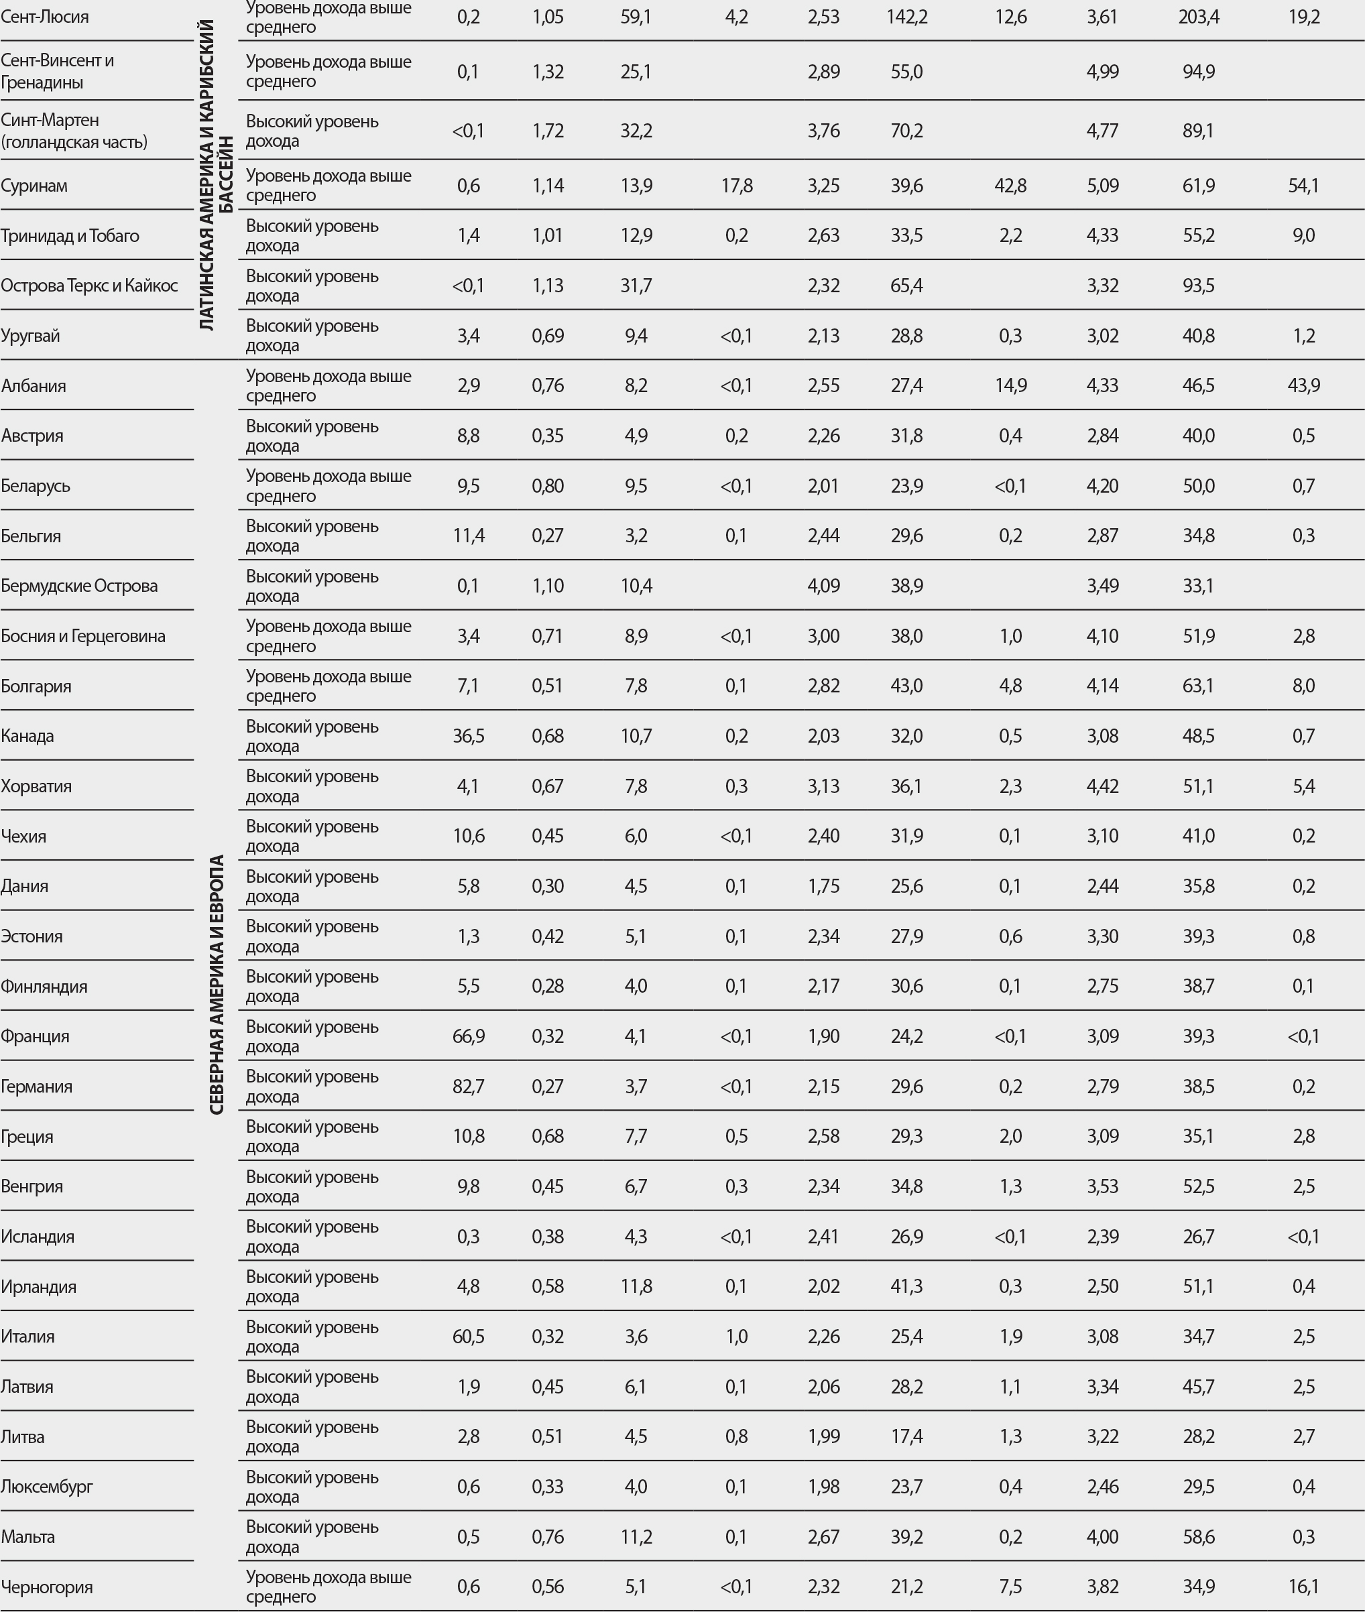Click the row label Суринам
point(34,186)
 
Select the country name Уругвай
point(30,336)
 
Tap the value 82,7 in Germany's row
point(468,1086)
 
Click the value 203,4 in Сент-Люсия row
point(1198,17)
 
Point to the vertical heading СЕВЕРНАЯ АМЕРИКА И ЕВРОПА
point(217,984)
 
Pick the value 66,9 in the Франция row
point(468,1036)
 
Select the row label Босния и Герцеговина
point(82,636)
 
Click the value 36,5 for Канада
point(468,735)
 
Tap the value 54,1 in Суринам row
point(1303,186)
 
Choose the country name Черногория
point(46,1587)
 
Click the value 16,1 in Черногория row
point(1303,1587)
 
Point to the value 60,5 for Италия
point(468,1336)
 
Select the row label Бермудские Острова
point(79,586)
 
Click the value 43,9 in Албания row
point(1303,385)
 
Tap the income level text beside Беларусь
point(328,486)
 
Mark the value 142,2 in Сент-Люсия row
point(906,17)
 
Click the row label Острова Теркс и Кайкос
point(89,286)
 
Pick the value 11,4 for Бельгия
point(468,536)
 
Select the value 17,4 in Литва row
point(906,1436)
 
